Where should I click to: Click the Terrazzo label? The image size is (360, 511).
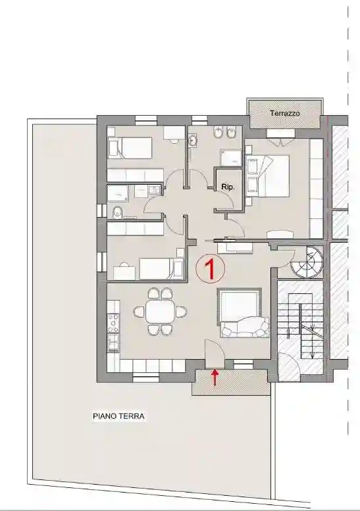coord(284,114)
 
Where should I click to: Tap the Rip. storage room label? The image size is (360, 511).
coord(228,187)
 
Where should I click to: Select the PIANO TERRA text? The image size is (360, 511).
coord(118,416)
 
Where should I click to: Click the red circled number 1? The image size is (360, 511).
coord(211,268)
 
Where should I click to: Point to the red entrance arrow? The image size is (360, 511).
coord(215,377)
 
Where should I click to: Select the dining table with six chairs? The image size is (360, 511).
coord(161,310)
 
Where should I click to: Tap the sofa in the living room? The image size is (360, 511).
coord(244,326)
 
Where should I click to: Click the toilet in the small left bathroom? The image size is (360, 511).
coord(117,212)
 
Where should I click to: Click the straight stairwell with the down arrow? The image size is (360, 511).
coord(301,322)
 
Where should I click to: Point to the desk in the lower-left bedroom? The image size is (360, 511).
coord(123,272)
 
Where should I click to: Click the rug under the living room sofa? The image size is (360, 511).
coord(241,313)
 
